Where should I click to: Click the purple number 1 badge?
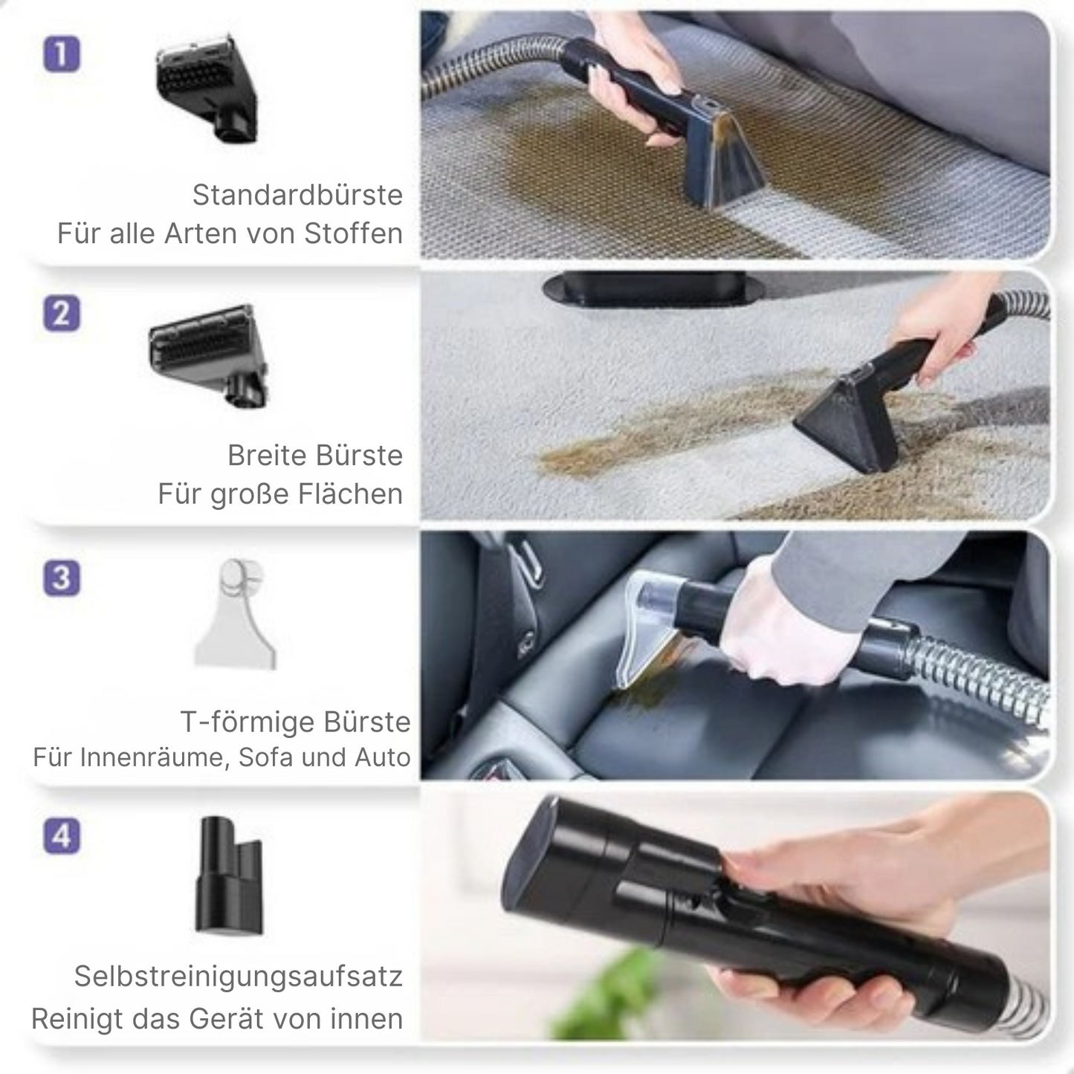click(x=62, y=54)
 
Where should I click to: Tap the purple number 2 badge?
click(x=62, y=314)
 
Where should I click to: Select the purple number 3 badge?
click(x=62, y=578)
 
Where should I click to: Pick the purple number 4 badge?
click(x=62, y=836)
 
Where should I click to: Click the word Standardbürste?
click(x=297, y=195)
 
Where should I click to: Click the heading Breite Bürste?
click(x=315, y=455)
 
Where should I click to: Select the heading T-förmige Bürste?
click(x=295, y=722)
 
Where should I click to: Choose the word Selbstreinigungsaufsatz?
click(x=238, y=976)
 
